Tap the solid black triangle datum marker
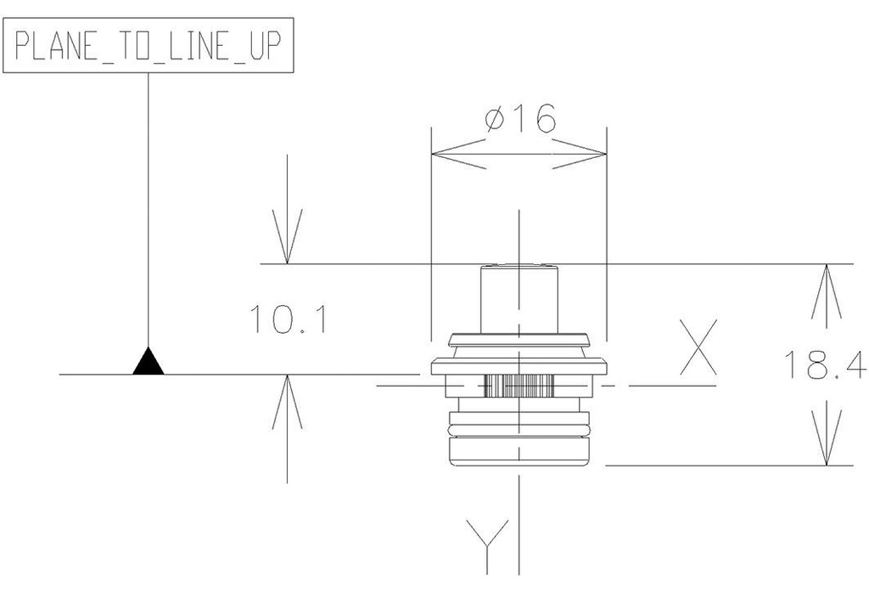pyautogui.click(x=148, y=361)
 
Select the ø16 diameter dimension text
pyautogui.click(x=520, y=118)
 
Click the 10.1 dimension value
pyautogui.click(x=289, y=319)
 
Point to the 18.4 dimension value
pyautogui.click(x=825, y=364)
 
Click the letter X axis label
pyautogui.click(x=698, y=347)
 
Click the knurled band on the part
pyautogui.click(x=519, y=386)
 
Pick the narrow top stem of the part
pyautogui.click(x=519, y=299)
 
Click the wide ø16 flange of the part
pyautogui.click(x=519, y=367)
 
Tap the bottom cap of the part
pyautogui.click(x=519, y=451)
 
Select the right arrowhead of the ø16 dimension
pyautogui.click(x=579, y=155)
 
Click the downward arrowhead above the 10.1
pyautogui.click(x=287, y=236)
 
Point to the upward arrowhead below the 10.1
pyautogui.click(x=287, y=402)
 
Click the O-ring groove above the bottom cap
pyautogui.click(x=519, y=431)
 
